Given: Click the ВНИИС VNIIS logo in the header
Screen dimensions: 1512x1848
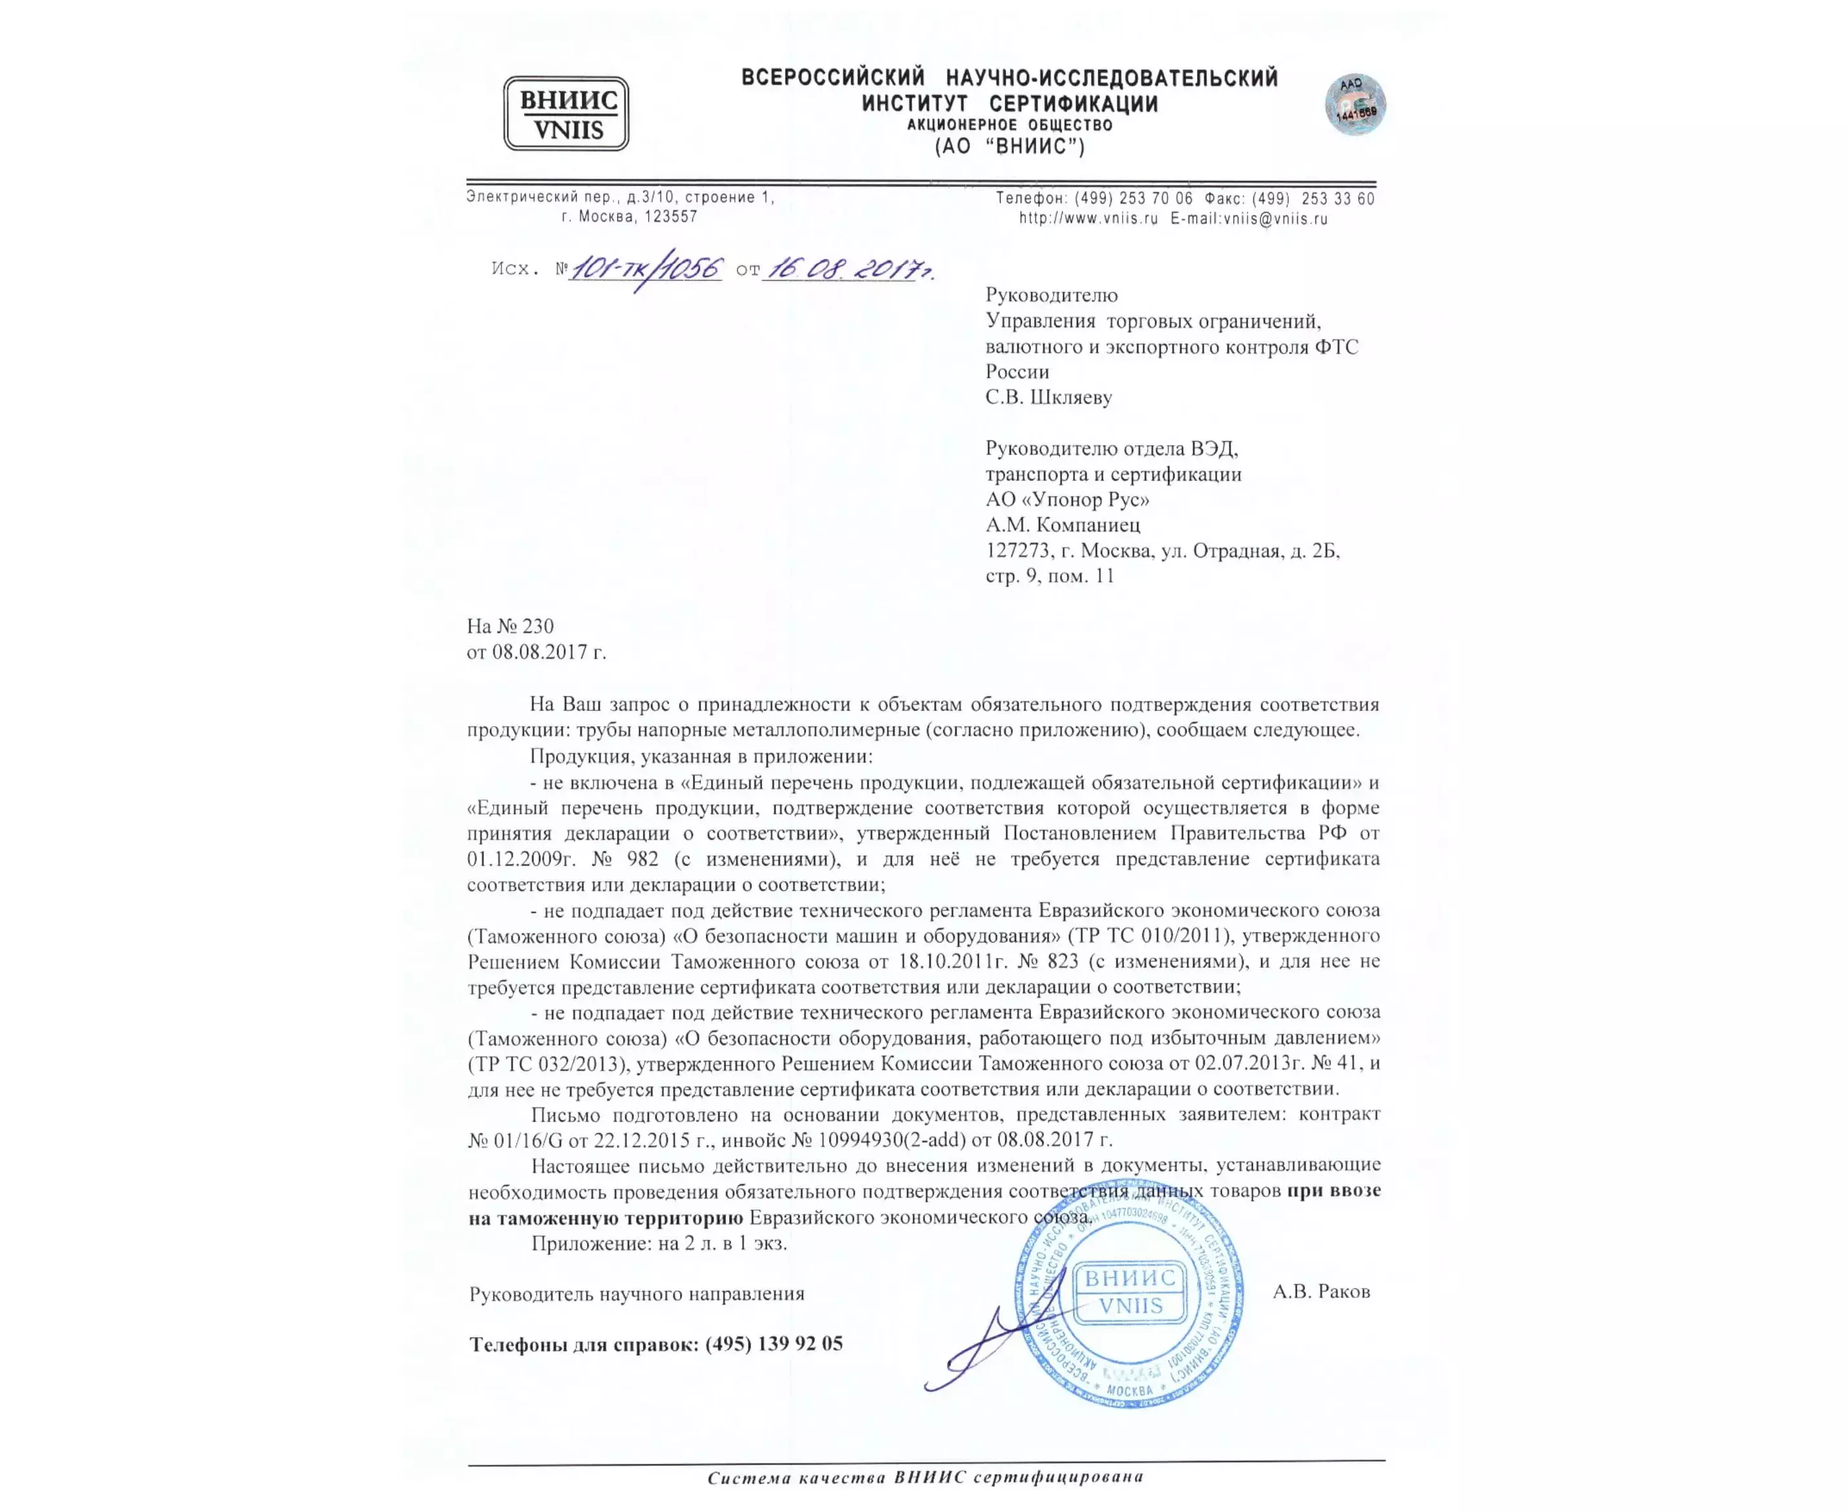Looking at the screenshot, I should [566, 113].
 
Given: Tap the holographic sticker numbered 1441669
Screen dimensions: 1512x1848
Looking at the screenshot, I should [1354, 105].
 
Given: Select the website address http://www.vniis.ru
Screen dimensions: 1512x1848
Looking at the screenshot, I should [1088, 218].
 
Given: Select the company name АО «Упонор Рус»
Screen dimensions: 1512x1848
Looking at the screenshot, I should [1067, 499].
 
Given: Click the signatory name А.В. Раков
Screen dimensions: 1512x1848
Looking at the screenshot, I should [1321, 1292].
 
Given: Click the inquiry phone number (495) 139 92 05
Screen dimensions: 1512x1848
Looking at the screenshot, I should [773, 1344].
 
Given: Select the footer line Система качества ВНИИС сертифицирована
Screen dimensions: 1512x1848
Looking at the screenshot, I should [925, 1477].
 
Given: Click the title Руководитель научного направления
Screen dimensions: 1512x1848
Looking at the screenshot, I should [637, 1294].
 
